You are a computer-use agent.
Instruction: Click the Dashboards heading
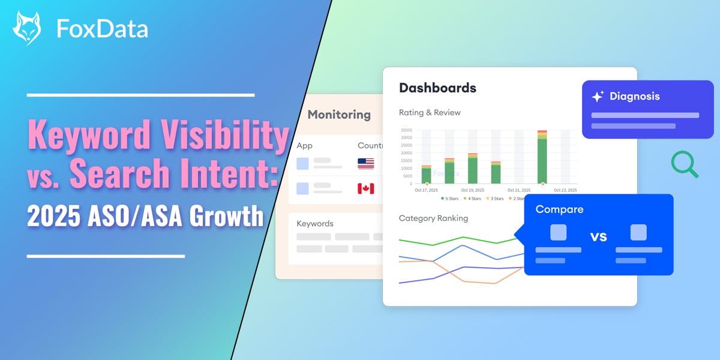pos(437,88)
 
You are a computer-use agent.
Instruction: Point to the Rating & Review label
pos(430,112)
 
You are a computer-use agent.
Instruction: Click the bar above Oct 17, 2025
pos(426,175)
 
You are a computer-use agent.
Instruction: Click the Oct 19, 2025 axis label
pos(472,190)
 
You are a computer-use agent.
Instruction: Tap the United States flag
pos(365,163)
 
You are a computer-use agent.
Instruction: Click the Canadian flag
pos(365,188)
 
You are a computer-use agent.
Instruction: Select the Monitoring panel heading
pos(339,115)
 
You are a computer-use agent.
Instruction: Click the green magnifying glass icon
pos(684,164)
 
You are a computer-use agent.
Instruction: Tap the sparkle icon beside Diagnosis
pos(598,97)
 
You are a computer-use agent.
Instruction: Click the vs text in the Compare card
pos(598,236)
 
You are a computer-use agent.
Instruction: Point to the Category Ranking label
pos(433,218)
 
